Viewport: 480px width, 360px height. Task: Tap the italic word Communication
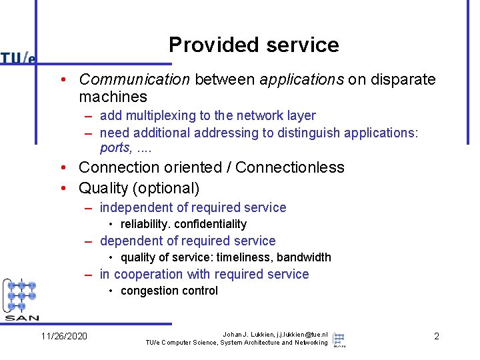(134, 80)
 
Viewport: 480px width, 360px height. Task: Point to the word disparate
(403, 80)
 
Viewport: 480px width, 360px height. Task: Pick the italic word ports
(115, 148)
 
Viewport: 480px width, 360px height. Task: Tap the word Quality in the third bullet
(104, 189)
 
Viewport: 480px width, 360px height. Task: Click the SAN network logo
(22, 300)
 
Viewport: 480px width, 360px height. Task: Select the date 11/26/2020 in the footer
(64, 336)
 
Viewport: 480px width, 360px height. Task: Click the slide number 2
(437, 336)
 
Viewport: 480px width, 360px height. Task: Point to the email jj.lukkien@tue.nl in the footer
(293, 333)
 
